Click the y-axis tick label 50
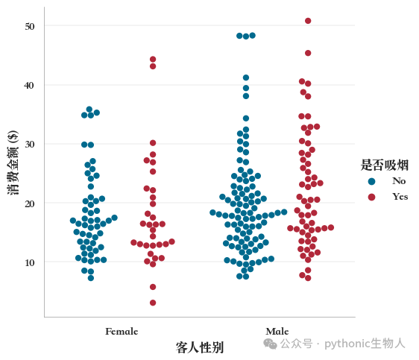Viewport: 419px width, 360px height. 30,26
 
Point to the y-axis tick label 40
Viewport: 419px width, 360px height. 29,86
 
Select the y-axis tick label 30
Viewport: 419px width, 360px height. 30,144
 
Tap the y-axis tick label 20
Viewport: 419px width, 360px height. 30,203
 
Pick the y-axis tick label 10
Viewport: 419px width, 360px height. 30,263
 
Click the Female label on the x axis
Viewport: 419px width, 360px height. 122,332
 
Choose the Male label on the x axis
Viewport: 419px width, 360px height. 277,332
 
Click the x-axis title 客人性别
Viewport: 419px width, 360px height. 200,347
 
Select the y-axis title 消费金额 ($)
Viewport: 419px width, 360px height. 13,162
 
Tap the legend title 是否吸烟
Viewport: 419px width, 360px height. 385,165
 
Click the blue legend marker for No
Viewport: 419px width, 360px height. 371,181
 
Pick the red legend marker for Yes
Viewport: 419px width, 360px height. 371,197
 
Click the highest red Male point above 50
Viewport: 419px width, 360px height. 308,21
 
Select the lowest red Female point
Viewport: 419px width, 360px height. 153,303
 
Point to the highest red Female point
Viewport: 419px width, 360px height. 153,60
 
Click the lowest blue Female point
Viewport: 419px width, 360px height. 91,278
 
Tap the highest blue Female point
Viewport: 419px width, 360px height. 89,110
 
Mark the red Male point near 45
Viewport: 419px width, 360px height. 308,53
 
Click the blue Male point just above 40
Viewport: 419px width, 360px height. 246,78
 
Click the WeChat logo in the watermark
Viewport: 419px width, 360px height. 270,344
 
